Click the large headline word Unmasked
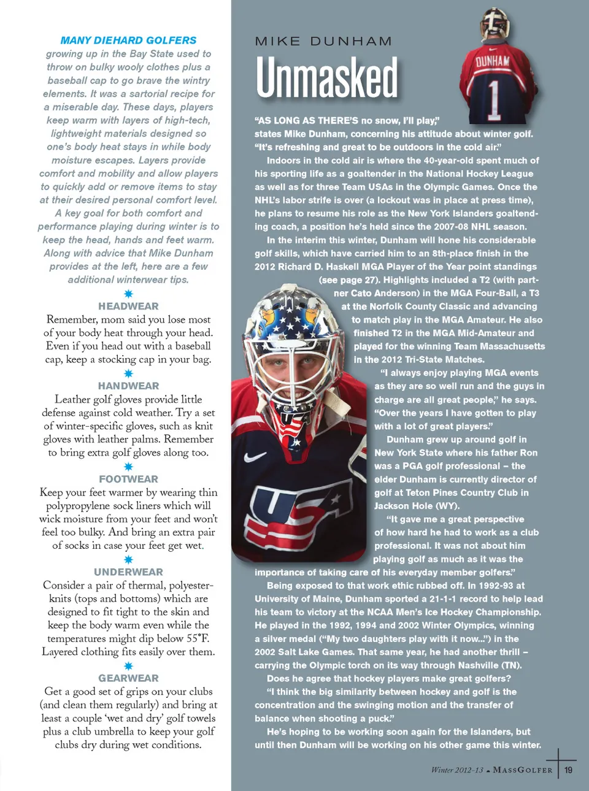(326, 78)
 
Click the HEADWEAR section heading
(128, 306)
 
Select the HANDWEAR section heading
(128, 386)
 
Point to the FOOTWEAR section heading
(128, 479)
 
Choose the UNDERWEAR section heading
(128, 571)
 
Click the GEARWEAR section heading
(128, 678)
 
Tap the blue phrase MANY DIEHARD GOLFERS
(128, 40)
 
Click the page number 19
(569, 770)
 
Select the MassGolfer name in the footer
(523, 770)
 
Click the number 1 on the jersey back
(495, 98)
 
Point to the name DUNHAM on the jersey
(493, 61)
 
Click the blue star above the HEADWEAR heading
(128, 294)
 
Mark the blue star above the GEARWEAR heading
(128, 666)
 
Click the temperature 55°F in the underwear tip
(196, 638)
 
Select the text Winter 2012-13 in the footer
(457, 770)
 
